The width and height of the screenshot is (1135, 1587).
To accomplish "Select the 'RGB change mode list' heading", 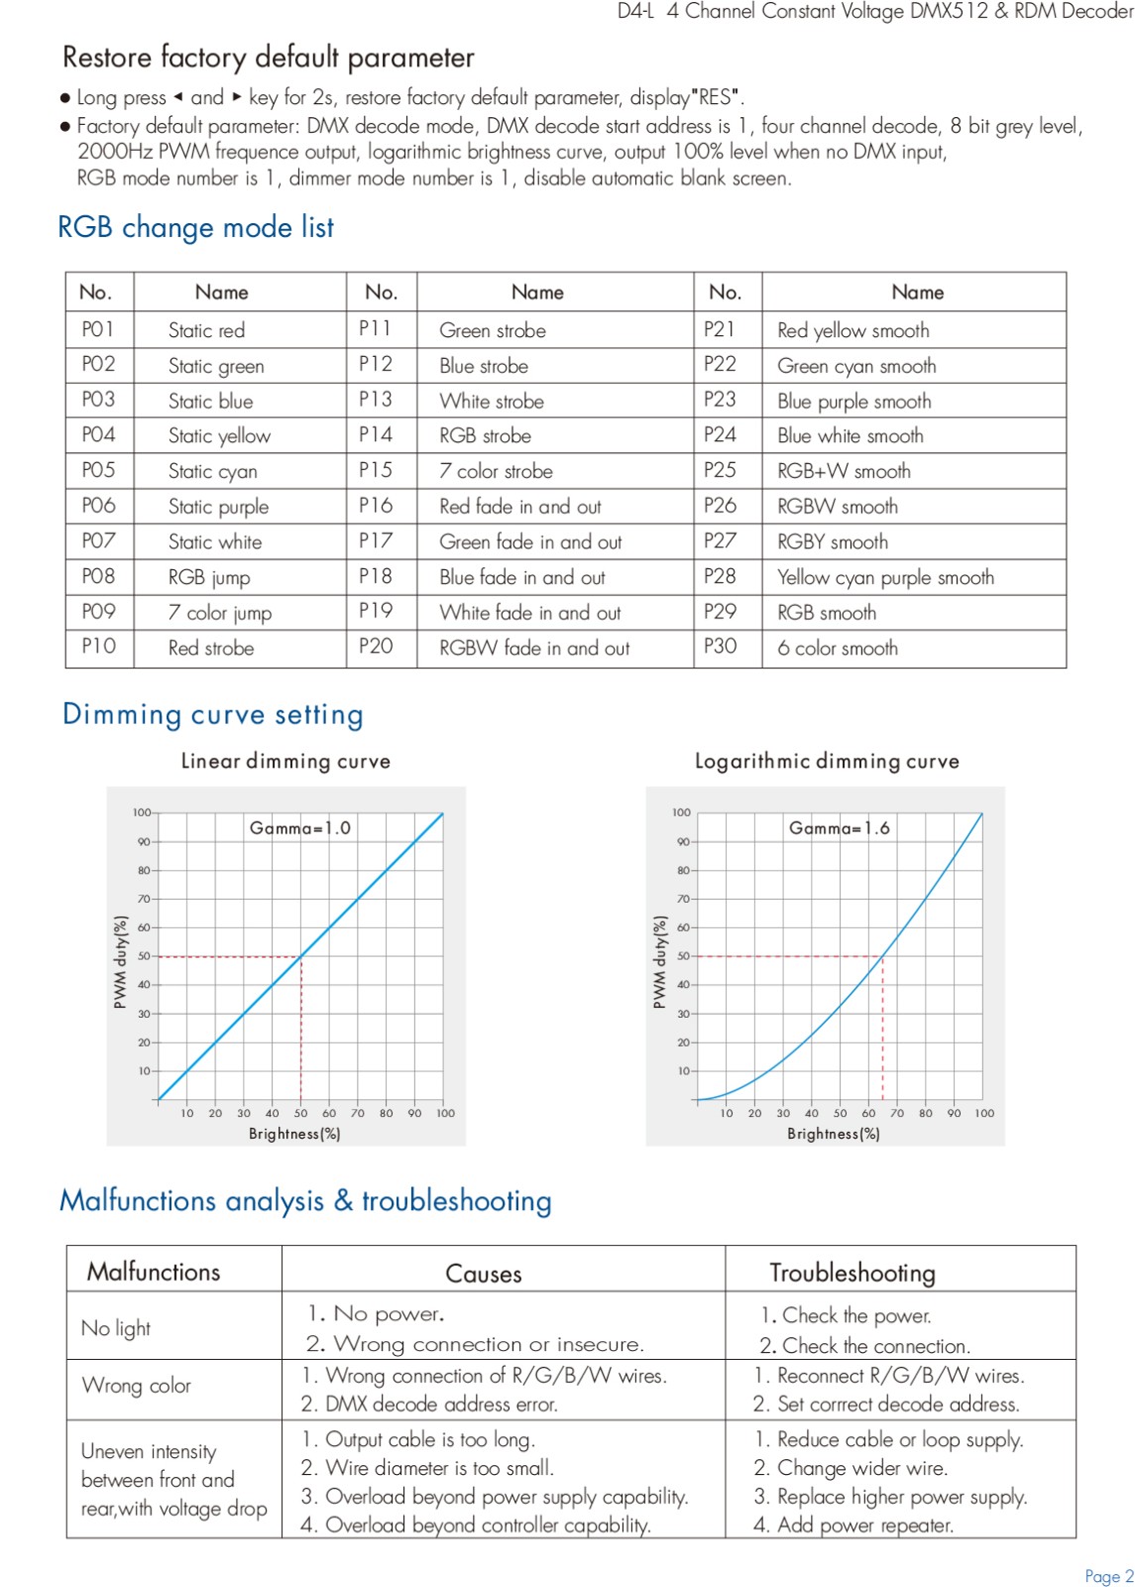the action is point(195,227).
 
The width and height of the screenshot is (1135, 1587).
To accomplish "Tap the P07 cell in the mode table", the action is point(98,542).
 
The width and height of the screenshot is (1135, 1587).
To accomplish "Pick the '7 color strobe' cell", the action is point(496,471).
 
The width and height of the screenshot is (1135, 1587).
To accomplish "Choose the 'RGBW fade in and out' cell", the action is point(534,648).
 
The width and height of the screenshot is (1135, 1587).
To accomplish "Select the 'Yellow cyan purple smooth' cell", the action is point(885,577).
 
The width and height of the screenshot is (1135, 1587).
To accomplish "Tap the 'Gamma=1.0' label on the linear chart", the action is point(300,827).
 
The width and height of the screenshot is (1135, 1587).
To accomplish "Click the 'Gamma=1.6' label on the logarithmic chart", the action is point(839,827).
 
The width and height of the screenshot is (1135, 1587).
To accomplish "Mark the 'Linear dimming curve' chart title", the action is point(285,761).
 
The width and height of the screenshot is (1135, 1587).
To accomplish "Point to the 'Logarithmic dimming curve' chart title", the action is point(827,761).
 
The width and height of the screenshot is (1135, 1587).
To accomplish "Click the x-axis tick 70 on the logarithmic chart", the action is point(897,1113).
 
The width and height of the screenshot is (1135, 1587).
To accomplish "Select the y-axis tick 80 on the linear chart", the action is point(144,870).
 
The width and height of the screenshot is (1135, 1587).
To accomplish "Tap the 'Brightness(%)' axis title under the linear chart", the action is point(294,1134).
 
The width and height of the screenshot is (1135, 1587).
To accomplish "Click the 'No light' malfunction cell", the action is point(116,1328).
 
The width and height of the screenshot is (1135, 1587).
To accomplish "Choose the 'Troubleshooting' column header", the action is point(852,1274).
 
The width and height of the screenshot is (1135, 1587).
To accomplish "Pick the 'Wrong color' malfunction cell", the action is point(136,1385).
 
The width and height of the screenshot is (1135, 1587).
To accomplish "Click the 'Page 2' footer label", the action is point(1109,1576).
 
